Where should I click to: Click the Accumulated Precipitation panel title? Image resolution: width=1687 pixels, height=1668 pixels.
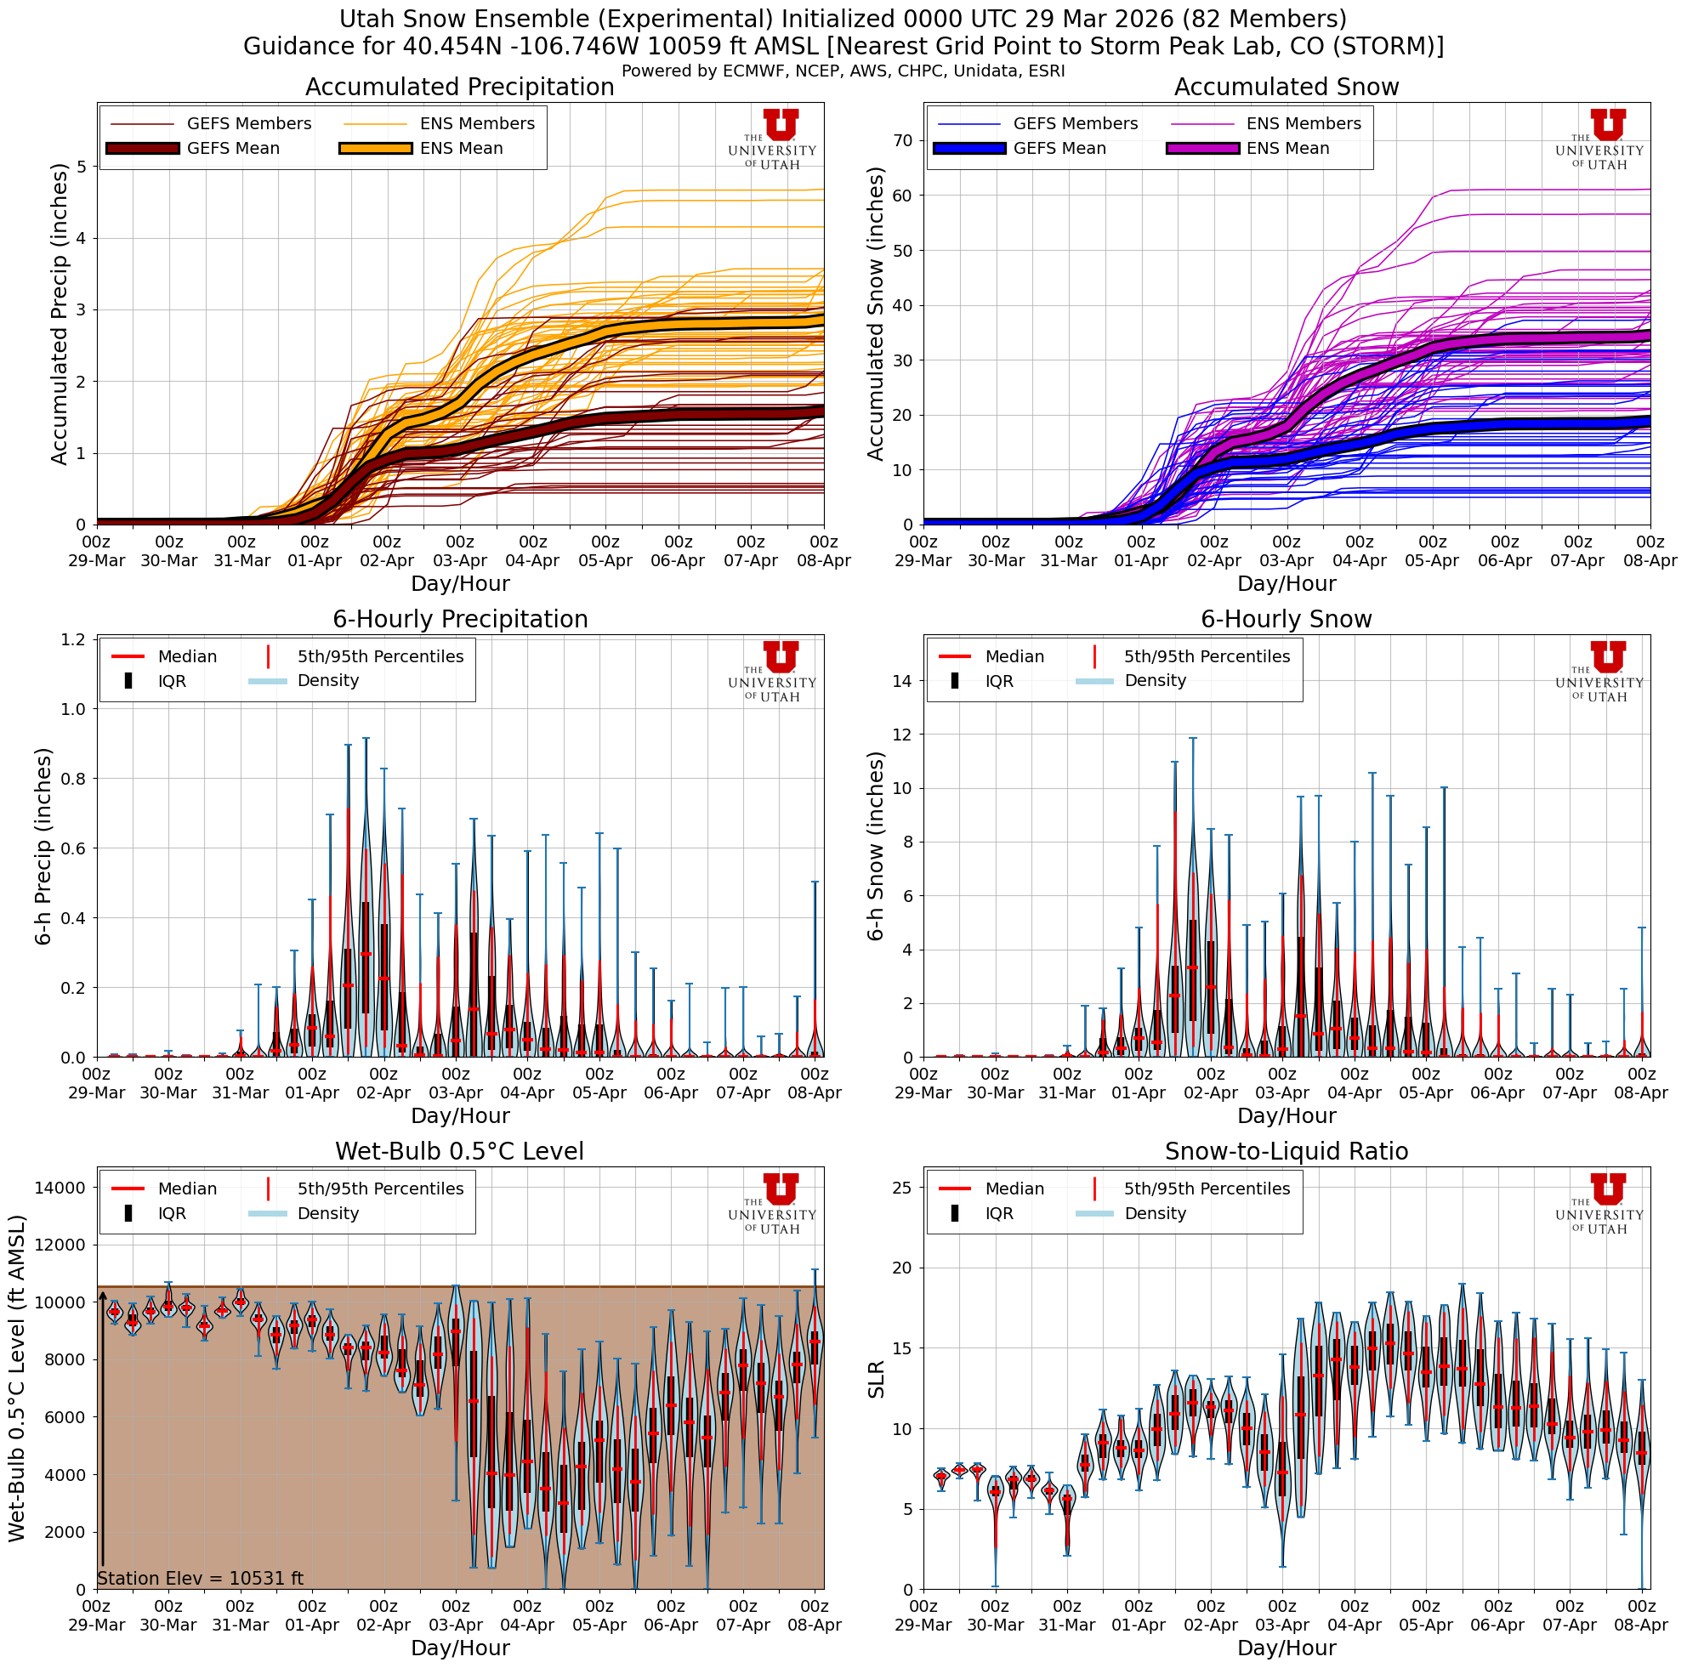click(459, 88)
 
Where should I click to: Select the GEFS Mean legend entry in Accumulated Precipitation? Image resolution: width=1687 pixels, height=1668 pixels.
click(232, 149)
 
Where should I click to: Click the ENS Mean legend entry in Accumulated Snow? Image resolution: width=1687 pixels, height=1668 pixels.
click(1287, 149)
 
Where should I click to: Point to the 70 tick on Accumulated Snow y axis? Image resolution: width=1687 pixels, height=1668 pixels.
click(903, 140)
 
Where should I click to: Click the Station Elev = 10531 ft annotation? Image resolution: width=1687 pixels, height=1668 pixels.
click(200, 1578)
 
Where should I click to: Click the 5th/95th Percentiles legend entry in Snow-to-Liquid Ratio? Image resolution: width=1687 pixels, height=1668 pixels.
click(1206, 1189)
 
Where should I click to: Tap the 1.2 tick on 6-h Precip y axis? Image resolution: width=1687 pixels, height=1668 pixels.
click(72, 640)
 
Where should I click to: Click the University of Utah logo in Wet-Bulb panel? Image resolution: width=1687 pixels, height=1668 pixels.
click(773, 1203)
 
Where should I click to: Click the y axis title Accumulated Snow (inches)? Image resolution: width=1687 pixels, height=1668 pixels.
click(875, 314)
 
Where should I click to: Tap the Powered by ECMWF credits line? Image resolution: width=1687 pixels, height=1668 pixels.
click(843, 71)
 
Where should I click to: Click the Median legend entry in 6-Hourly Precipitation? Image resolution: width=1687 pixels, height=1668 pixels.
click(187, 656)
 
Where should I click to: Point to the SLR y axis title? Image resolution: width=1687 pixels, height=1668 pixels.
click(877, 1379)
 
